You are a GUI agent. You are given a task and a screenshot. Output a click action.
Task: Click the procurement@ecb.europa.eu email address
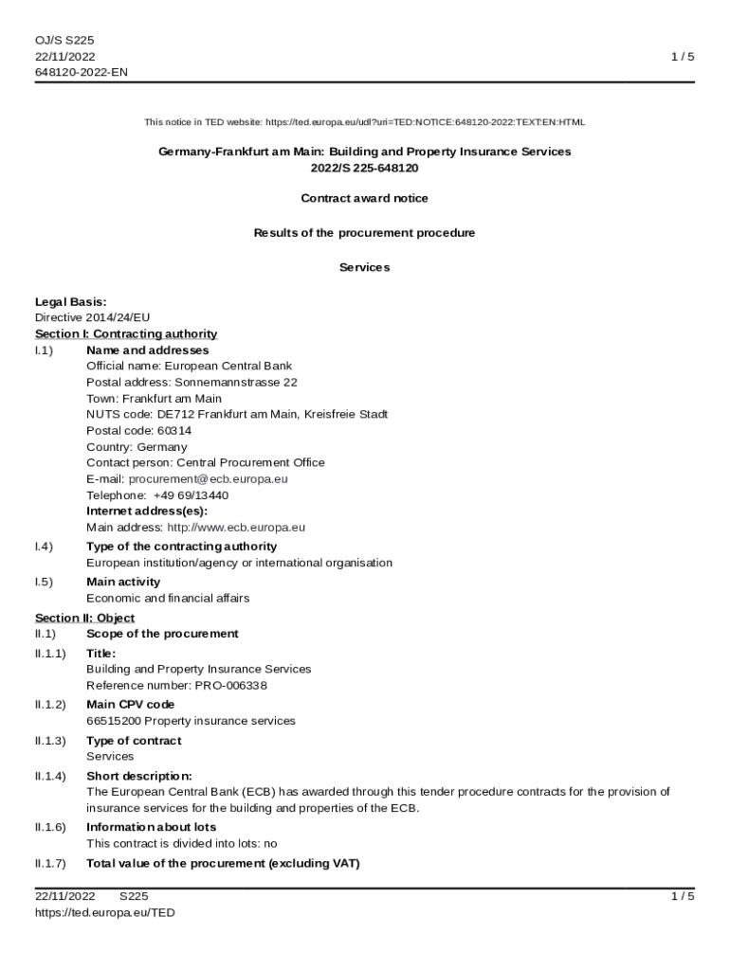pos(208,479)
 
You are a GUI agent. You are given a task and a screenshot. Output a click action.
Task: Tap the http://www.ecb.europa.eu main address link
pos(236,528)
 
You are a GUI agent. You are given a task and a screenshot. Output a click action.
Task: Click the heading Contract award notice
pos(364,199)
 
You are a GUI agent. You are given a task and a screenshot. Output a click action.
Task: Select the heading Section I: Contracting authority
pos(126,334)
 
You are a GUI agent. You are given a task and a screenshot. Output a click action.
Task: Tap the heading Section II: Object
pos(84,619)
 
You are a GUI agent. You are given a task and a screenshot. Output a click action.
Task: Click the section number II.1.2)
pos(50,705)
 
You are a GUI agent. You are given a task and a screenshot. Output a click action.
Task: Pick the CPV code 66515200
pos(113,721)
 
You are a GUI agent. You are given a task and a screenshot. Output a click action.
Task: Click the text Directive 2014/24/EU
pos(92,318)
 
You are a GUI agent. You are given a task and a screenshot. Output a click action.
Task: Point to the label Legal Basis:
pos(70,302)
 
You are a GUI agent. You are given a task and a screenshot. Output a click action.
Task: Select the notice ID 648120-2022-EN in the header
pos(81,73)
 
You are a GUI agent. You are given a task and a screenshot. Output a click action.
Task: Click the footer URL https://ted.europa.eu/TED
pos(105,913)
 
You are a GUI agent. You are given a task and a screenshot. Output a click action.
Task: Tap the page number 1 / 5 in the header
pos(683,57)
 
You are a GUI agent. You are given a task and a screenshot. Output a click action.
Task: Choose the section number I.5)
pos(44,583)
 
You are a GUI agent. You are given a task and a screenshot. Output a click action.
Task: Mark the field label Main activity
pos(123,583)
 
